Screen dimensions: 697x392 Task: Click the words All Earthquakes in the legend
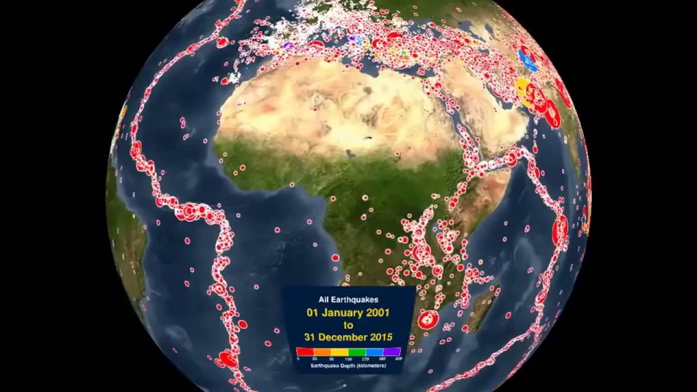[348, 299]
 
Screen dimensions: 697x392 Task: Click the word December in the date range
[344, 337]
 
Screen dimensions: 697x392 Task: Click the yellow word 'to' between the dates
[348, 325]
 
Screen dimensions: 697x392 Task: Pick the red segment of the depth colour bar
[304, 352]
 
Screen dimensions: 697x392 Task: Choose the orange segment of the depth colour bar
[322, 352]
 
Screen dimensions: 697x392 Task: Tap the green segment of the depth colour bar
[357, 352]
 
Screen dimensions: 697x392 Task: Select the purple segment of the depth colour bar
[392, 352]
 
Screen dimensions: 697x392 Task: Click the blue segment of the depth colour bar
[374, 352]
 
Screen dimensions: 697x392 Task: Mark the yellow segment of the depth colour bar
[340, 352]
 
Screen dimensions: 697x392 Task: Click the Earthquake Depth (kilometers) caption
[348, 366]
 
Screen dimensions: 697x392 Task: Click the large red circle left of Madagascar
[428, 320]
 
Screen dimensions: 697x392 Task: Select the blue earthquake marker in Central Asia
[527, 59]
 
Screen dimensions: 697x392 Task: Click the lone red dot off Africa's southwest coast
[335, 258]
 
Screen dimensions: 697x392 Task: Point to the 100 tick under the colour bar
[348, 359]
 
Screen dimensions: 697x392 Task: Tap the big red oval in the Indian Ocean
[560, 231]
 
